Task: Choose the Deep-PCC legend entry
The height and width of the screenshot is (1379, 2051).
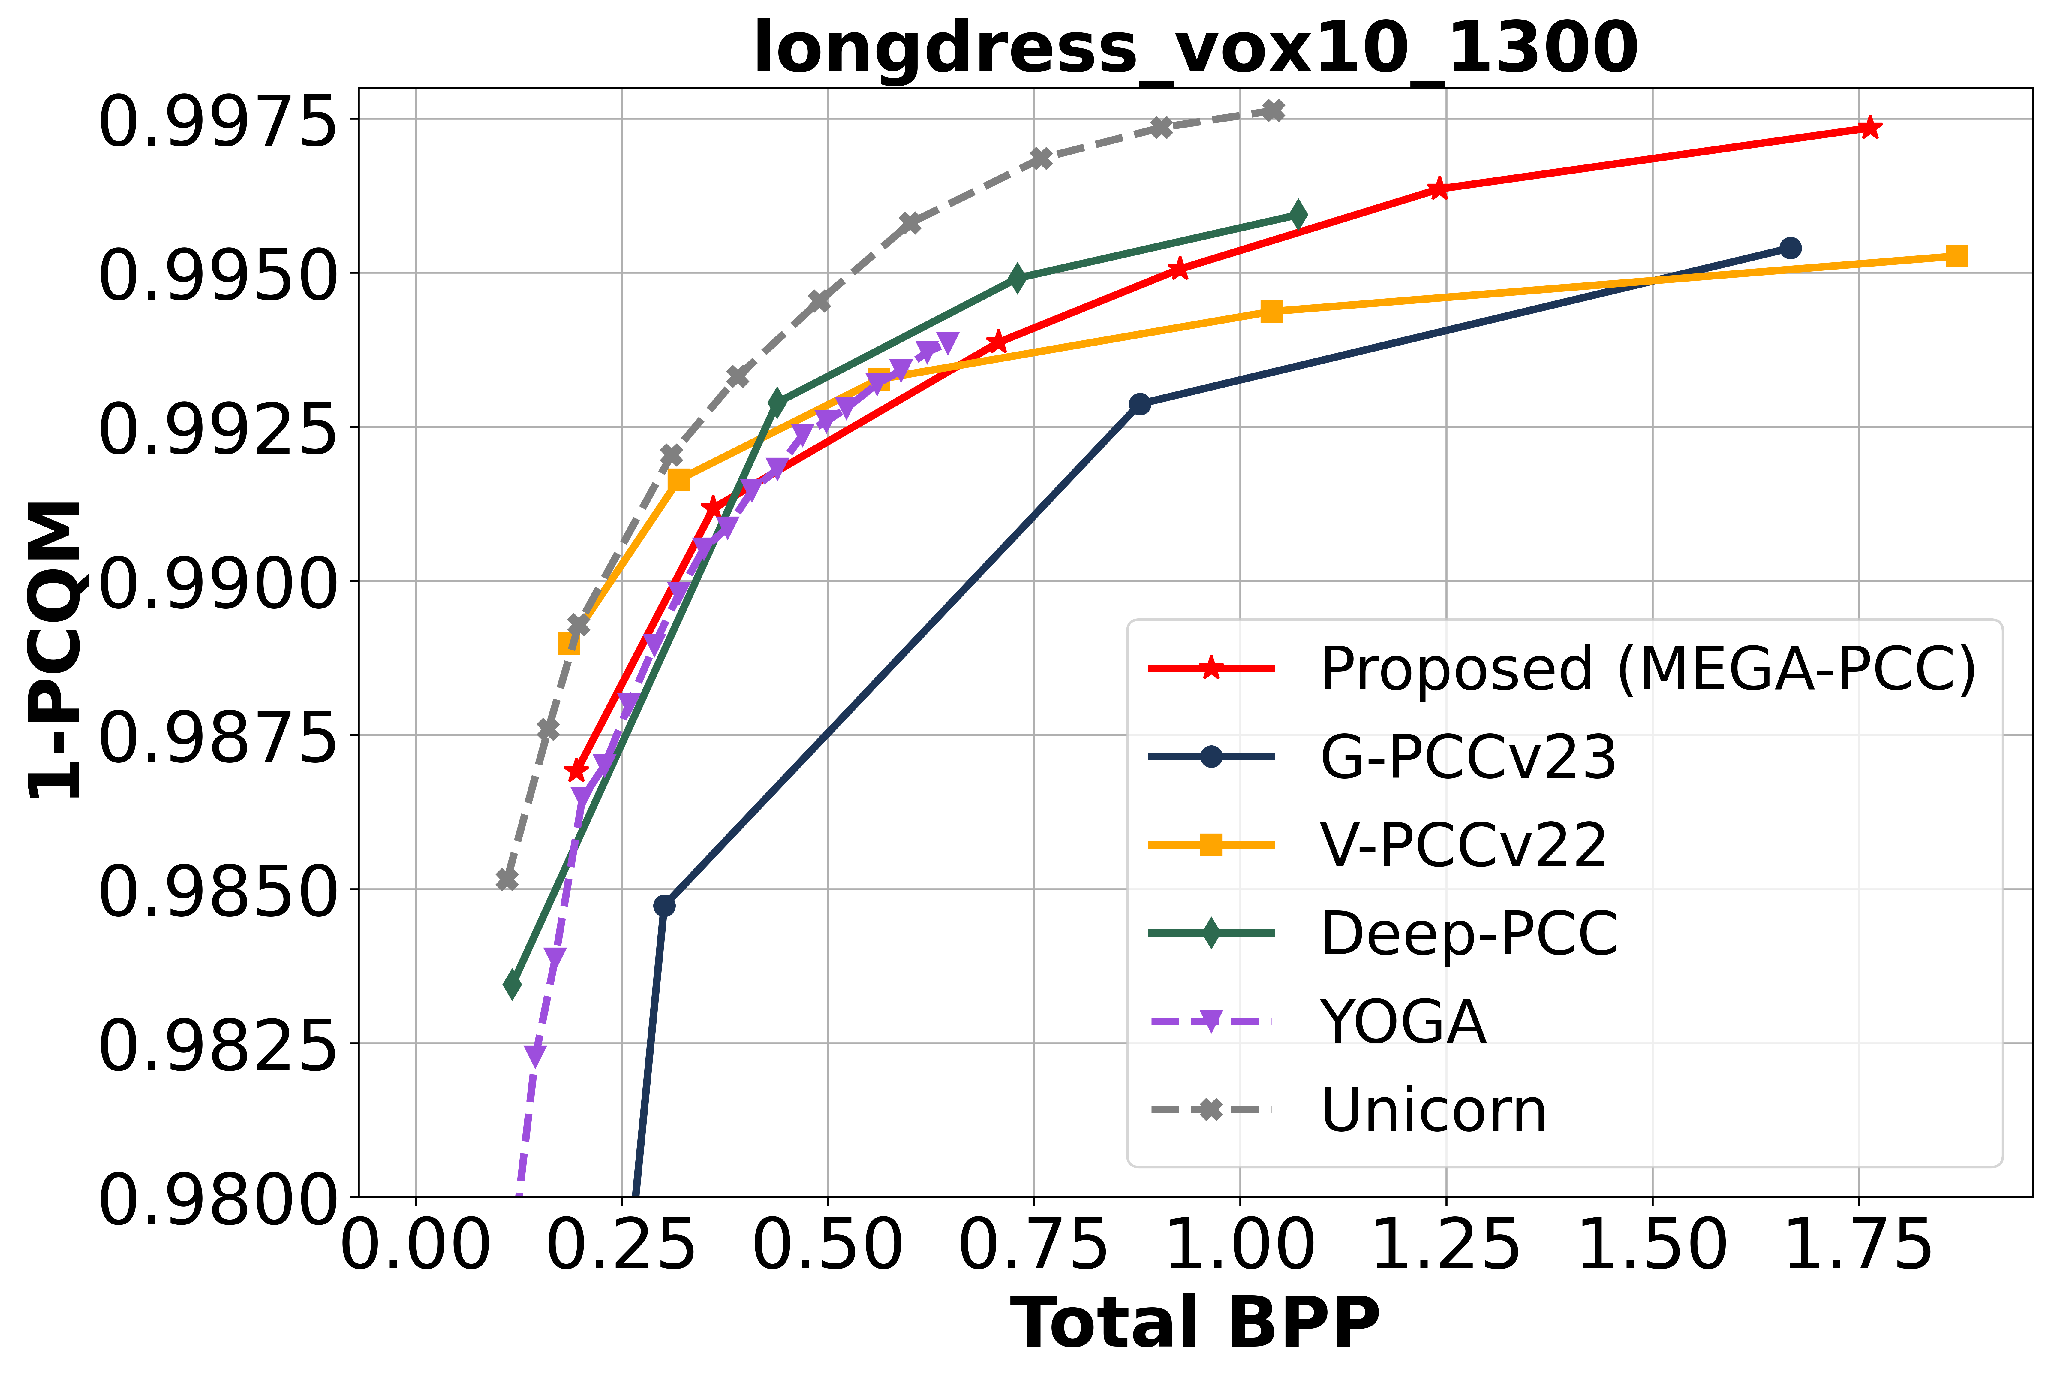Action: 1468,933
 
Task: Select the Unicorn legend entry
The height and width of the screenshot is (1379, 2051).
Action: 1433,1110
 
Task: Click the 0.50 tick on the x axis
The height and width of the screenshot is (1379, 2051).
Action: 827,1246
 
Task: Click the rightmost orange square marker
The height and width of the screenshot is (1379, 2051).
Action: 1956,256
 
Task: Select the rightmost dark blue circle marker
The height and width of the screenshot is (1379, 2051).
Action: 1790,248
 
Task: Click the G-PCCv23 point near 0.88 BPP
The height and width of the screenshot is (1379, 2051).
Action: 1139,404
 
